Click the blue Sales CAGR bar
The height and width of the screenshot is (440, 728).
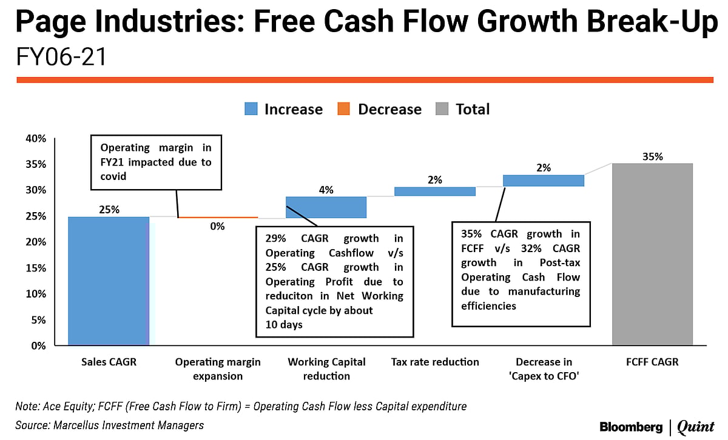(x=109, y=281)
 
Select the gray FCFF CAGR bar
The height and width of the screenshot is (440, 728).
(x=652, y=255)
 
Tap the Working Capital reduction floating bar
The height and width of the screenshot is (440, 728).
(x=326, y=207)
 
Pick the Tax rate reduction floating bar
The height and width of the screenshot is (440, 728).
(x=435, y=192)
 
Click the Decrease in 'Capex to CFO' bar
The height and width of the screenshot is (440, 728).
(x=543, y=181)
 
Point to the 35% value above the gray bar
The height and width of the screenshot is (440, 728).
(x=652, y=156)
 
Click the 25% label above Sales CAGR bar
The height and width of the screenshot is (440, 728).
(x=109, y=210)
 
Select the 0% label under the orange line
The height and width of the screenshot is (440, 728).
(x=217, y=227)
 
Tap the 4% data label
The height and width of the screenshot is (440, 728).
(x=326, y=190)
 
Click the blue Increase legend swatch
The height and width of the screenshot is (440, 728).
(x=252, y=109)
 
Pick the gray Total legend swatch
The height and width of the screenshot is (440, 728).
(x=442, y=109)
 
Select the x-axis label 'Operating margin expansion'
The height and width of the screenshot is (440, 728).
(x=218, y=368)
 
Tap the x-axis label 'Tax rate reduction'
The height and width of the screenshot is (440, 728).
(x=435, y=362)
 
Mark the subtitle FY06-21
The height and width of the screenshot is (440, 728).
(x=61, y=57)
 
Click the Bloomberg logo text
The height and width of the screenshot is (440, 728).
(x=631, y=427)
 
